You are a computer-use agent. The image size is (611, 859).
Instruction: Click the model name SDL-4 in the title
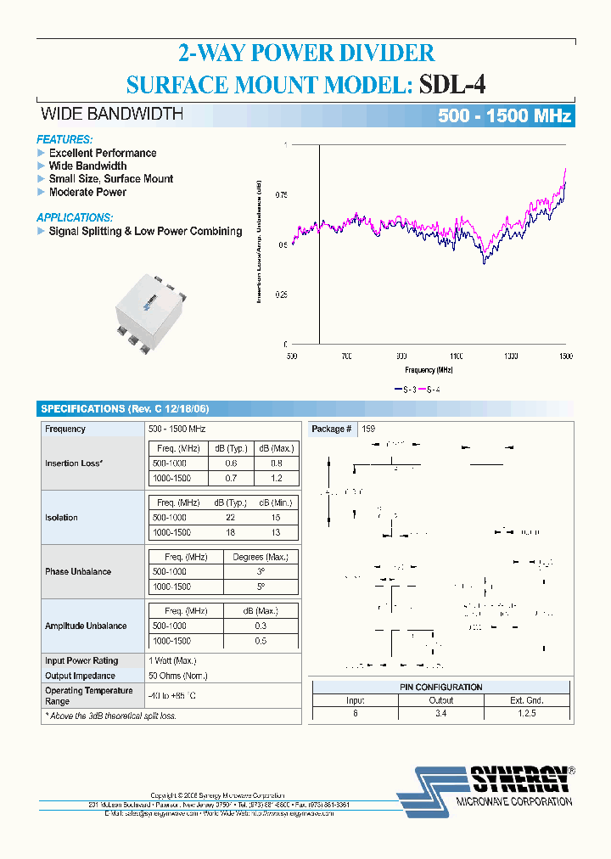pyautogui.click(x=453, y=85)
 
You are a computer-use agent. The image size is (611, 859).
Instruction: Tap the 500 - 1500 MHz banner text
pyautogui.click(x=504, y=116)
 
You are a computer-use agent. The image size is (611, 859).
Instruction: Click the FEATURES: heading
pyautogui.click(x=64, y=139)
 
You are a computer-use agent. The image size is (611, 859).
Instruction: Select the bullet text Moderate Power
pyautogui.click(x=87, y=192)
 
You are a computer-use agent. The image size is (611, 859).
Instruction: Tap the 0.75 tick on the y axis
pyautogui.click(x=281, y=195)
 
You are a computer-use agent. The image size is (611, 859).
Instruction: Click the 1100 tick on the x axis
pyautogui.click(x=457, y=357)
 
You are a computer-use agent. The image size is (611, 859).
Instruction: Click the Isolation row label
pyautogui.click(x=61, y=518)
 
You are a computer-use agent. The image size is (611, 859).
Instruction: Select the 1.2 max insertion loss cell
pyautogui.click(x=276, y=479)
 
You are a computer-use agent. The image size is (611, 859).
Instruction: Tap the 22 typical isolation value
pyautogui.click(x=230, y=518)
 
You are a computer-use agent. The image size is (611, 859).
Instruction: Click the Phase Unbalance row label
pyautogui.click(x=78, y=572)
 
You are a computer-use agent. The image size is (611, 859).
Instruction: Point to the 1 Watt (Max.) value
pyautogui.click(x=172, y=660)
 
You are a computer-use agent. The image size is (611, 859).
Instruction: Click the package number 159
pyautogui.click(x=368, y=429)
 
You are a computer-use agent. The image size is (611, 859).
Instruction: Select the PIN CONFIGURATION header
pyautogui.click(x=441, y=687)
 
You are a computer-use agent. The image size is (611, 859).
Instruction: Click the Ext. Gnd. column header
pyautogui.click(x=526, y=700)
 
